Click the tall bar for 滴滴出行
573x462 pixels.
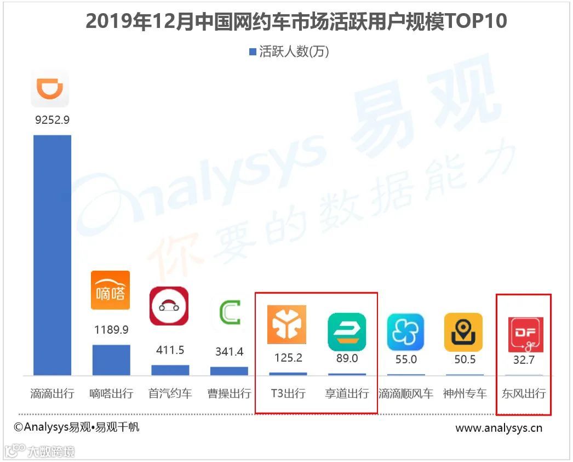point(52,255)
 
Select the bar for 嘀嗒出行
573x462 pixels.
point(111,360)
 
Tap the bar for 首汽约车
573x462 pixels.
point(170,370)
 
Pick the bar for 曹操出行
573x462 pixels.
point(229,371)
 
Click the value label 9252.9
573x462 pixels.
point(52,120)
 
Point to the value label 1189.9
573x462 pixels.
point(111,330)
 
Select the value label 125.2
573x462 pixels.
point(288,358)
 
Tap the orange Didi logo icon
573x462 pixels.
point(50,88)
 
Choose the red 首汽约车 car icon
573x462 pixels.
point(169,306)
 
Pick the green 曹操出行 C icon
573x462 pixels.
point(230,313)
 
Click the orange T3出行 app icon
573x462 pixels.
point(286,324)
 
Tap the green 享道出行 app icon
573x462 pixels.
point(346,332)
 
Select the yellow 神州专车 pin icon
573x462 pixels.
point(463,332)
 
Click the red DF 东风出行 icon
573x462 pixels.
point(525,334)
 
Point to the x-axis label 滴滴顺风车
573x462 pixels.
point(406,393)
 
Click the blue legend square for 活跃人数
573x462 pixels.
point(253,52)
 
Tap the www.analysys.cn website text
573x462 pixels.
point(498,428)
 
